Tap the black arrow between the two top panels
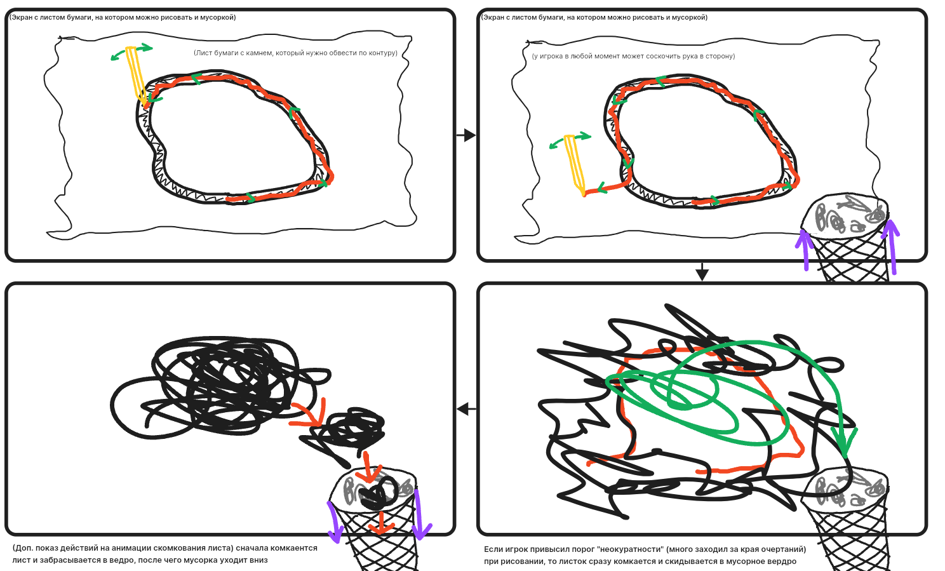click(x=466, y=135)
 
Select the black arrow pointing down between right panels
click(x=702, y=272)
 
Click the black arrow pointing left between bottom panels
click(x=467, y=408)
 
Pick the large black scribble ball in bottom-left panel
click(x=219, y=387)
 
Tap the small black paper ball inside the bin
click(x=379, y=494)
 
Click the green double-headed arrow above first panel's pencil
click(x=131, y=51)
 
